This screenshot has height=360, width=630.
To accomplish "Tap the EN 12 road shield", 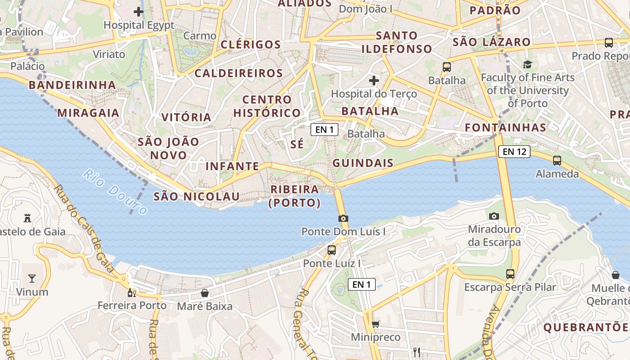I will pos(514,152).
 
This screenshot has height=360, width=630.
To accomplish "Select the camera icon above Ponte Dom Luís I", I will pos(343,219).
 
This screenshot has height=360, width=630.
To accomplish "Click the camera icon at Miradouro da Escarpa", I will pos(494,216).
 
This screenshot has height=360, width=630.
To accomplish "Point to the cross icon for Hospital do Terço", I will pos(373,81).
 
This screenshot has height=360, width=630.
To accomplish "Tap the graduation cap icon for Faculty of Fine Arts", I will pos(527,65).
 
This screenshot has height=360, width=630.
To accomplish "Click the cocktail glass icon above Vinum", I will pos(32,279).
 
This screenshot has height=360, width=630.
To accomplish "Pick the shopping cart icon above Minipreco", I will pos(375,324).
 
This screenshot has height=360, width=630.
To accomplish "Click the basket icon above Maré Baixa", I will pos(205,293).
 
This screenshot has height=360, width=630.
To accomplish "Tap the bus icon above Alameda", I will pos(557,161).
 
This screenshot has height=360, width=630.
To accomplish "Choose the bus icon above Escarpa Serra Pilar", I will pos(510,274).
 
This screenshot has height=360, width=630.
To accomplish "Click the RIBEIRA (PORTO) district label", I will pos(295,196).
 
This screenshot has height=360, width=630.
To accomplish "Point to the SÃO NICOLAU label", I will pos(197,196).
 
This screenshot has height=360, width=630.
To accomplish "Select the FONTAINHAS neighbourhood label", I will pos(505,127).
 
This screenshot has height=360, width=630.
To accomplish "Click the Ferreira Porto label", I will pos(132,306).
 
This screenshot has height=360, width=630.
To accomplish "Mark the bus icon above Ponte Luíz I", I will pos(332,250).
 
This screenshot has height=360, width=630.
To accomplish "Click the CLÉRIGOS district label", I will pos(251,45).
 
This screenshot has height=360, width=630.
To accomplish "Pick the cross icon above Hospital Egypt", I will pos(139,12).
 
